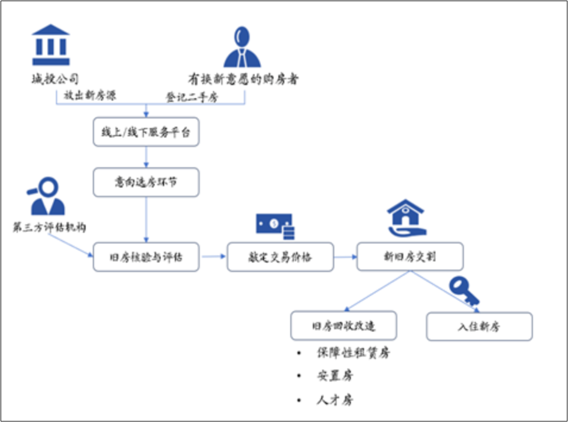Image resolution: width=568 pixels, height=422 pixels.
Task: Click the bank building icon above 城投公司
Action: (51, 45)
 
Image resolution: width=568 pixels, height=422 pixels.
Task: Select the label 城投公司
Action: (56, 79)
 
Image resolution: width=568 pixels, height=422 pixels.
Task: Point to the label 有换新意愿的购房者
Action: (243, 79)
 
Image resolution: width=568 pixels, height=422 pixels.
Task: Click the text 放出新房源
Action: (90, 95)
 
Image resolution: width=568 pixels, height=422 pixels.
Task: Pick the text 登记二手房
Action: (191, 97)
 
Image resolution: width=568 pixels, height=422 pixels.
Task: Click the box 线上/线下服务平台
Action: (146, 133)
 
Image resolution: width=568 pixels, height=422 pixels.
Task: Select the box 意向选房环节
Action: (146, 182)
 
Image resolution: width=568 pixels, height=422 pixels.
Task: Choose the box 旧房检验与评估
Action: (146, 257)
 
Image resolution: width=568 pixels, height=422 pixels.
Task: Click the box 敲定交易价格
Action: (280, 257)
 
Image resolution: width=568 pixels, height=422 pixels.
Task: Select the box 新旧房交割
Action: (409, 257)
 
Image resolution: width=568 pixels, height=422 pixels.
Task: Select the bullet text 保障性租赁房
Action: (353, 353)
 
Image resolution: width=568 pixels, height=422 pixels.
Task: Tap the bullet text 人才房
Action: (335, 400)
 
